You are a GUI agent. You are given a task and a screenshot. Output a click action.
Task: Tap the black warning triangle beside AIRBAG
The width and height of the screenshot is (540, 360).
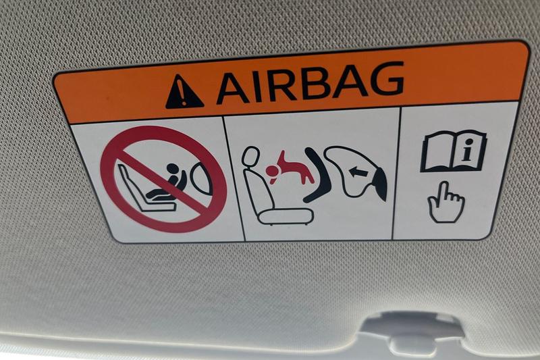tap(184, 92)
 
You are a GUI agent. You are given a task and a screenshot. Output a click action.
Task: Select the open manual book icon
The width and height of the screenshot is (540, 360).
tap(454, 151)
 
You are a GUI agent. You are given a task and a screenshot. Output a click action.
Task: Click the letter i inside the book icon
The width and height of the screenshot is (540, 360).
tap(466, 153)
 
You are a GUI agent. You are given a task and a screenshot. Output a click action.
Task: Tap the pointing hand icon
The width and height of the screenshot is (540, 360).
tap(446, 202)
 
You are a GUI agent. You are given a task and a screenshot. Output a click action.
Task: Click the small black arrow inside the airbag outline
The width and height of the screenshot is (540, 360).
tap(357, 171)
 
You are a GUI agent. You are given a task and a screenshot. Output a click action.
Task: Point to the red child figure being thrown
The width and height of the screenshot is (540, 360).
tap(290, 169)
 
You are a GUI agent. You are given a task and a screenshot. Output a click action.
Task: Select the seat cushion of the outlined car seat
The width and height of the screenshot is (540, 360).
tap(286, 217)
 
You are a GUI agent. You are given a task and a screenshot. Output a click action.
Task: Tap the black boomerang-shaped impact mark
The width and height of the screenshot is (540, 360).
tap(317, 175)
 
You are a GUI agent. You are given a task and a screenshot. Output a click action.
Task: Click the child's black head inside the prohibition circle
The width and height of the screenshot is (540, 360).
tap(172, 169)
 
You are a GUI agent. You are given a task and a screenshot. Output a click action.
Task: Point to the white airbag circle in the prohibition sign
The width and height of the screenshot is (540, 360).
tap(201, 178)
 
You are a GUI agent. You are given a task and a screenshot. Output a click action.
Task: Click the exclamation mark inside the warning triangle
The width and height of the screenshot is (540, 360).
tap(183, 94)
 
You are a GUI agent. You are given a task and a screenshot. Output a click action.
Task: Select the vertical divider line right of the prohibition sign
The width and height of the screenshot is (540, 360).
tap(234, 178)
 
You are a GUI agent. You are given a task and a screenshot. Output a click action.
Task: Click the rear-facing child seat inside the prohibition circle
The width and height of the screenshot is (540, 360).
tap(146, 188)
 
